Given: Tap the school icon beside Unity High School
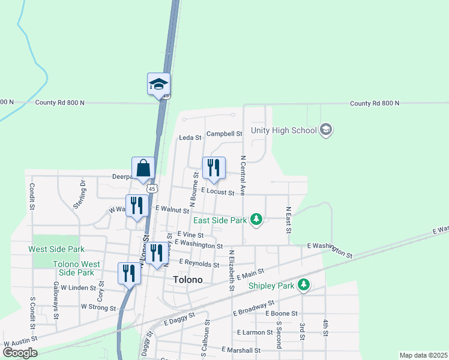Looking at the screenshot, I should click(x=326, y=130).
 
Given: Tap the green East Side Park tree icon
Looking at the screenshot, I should click(x=256, y=220).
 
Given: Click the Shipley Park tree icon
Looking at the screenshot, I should click(x=304, y=285).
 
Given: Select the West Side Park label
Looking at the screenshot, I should click(x=56, y=249).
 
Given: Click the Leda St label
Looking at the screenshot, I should click(x=190, y=137).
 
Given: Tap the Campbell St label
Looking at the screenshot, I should click(x=224, y=134).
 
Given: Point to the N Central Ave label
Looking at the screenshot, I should click(x=243, y=176).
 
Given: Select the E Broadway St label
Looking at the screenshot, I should click(x=253, y=310).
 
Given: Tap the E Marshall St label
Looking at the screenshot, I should click(x=241, y=349).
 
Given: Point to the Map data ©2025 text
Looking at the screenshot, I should click(x=423, y=355).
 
